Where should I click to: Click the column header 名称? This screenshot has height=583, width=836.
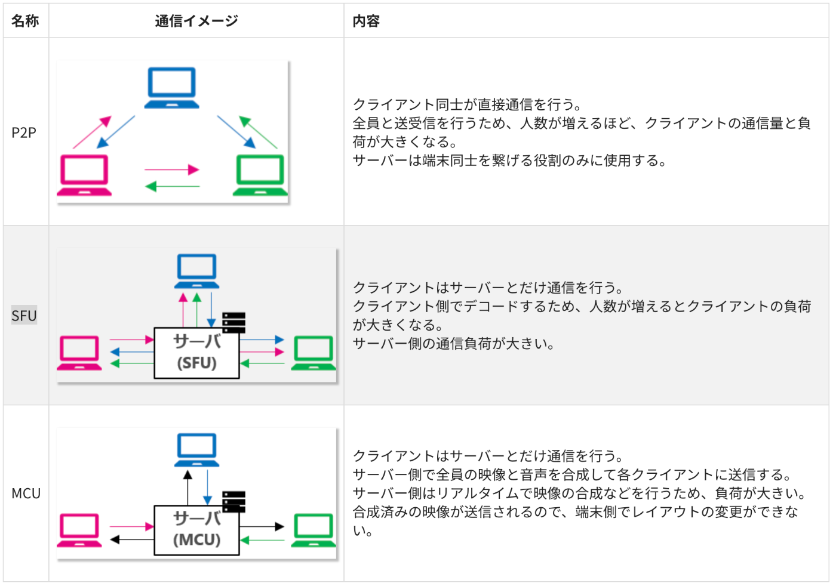click(x=25, y=21)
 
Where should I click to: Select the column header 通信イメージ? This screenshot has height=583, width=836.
click(x=196, y=21)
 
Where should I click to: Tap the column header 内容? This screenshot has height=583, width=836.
click(x=366, y=21)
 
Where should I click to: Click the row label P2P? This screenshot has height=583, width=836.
click(x=24, y=132)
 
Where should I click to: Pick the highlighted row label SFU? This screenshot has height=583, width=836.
click(x=24, y=316)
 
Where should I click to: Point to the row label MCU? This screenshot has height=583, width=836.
click(x=26, y=493)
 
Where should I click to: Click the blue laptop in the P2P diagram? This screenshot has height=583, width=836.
click(x=172, y=88)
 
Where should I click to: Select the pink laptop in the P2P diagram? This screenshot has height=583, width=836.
click(x=84, y=175)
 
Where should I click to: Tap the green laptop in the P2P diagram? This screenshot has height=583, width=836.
click(x=260, y=175)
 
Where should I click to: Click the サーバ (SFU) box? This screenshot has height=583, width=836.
click(x=196, y=353)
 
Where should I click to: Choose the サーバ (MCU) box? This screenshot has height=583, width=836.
click(x=196, y=530)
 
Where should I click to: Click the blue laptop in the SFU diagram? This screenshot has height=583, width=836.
click(x=197, y=272)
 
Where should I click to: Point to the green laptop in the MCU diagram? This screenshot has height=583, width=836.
click(x=314, y=530)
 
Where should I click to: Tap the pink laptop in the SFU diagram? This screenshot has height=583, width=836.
click(x=79, y=353)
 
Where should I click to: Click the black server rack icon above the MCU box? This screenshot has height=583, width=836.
click(x=233, y=501)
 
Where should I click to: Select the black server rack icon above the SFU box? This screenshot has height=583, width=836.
click(x=233, y=322)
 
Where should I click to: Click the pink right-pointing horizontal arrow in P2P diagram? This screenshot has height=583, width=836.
click(x=171, y=169)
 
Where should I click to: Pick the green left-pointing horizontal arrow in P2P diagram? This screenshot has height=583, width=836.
click(x=172, y=187)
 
